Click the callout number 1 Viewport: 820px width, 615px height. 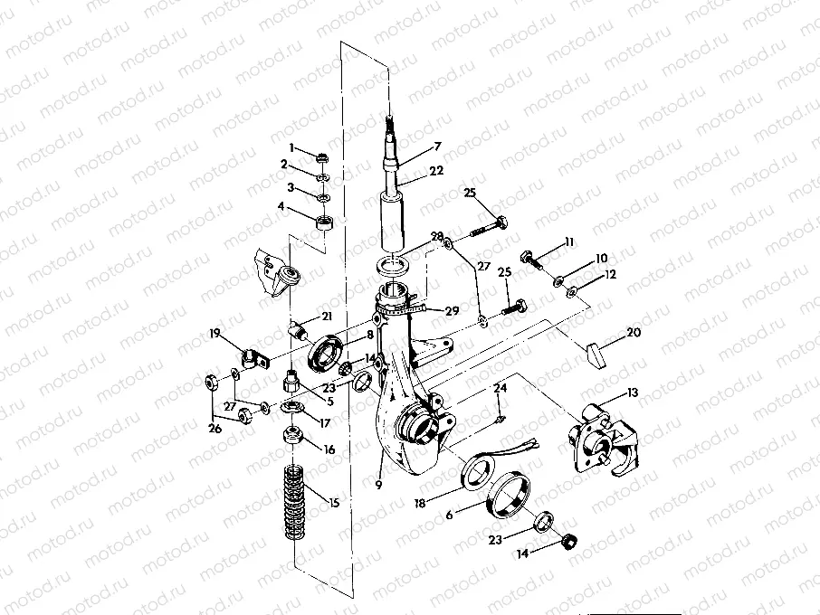(292, 147)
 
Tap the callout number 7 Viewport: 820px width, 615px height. (437, 147)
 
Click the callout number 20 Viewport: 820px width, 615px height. (634, 334)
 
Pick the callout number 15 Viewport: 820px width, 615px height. (335, 502)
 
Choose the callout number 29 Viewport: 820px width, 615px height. (452, 310)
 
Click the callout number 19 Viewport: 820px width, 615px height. (215, 334)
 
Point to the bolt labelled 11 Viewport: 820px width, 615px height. (531, 259)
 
